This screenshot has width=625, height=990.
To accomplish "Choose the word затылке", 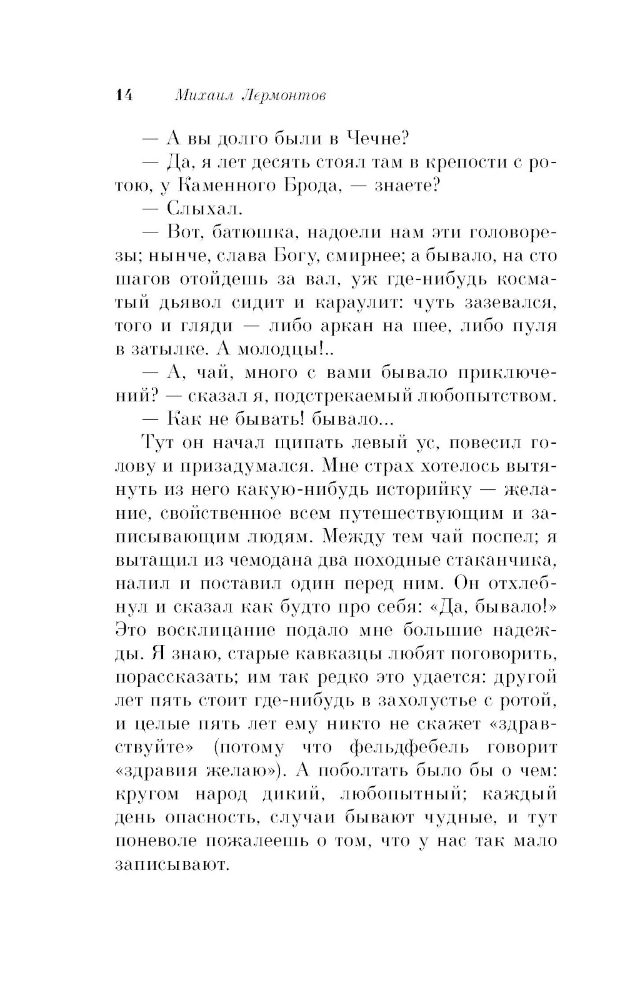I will click(x=166, y=350).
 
